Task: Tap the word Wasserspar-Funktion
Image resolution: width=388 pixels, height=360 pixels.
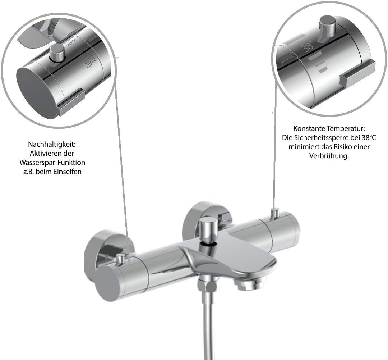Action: click(52, 163)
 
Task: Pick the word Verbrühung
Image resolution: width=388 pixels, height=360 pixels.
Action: click(329, 156)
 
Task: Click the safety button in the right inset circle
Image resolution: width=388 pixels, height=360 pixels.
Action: click(328, 28)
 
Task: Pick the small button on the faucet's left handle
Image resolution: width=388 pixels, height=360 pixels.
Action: click(120, 259)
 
